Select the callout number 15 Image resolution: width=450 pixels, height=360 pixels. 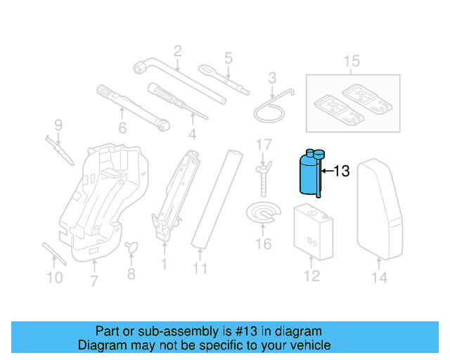click(351, 62)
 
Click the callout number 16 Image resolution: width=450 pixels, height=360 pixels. click(262, 245)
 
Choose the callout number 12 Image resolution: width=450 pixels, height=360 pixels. click(311, 276)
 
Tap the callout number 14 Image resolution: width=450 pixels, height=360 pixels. click(379, 278)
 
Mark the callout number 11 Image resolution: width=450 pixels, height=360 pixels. click(200, 269)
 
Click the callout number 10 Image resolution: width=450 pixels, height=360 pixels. click(54, 278)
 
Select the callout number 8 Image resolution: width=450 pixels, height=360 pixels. click(131, 274)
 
